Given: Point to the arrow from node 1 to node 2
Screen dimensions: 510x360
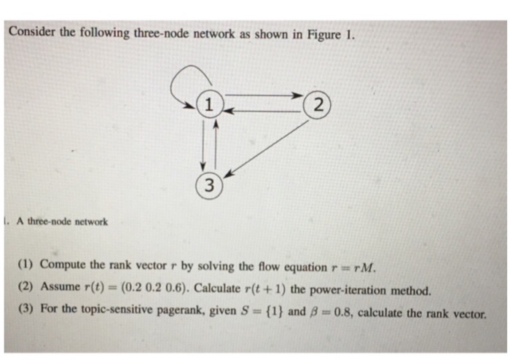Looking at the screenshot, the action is click(264, 95).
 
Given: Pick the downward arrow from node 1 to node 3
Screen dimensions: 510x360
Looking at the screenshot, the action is click(203, 145).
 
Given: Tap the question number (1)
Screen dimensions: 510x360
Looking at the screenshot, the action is click(25, 263).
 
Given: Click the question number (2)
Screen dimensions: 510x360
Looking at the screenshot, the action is click(25, 286).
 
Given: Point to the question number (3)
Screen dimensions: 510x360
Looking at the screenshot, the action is click(25, 308).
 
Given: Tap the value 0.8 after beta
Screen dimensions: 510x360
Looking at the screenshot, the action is click(345, 313).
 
